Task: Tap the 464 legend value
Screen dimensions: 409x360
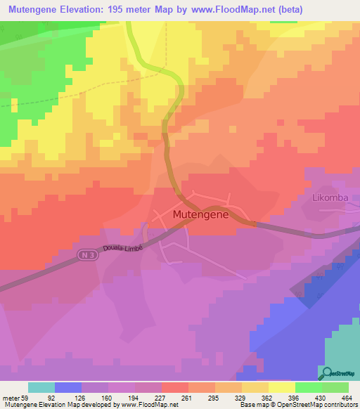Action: tap(345, 397)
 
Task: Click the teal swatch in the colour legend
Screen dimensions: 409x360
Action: tap(41, 387)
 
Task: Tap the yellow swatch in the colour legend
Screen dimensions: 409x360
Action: tap(282, 387)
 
